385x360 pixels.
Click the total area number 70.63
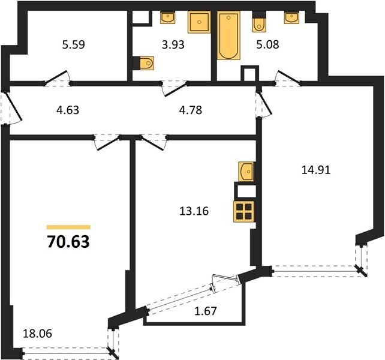pos(68,242)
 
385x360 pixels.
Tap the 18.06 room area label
pos(37,334)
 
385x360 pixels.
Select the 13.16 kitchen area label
pos(194,211)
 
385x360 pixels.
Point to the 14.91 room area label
pos(316,170)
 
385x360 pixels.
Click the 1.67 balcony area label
pos(206,311)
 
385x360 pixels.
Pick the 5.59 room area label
pos(73,45)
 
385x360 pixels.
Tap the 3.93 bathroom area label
pos(173,45)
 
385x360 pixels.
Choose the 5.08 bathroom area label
pos(267,45)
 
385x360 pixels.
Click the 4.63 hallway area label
pos(68,110)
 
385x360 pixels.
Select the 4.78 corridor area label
pos(191,110)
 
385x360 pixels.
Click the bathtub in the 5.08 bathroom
pos(228,35)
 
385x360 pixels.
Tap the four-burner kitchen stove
pos(244,212)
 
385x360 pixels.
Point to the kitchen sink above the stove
pos(246,172)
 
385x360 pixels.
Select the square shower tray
pos(199,22)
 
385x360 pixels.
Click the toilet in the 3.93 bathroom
pos(146,64)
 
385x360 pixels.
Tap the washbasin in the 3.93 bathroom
pos(168,17)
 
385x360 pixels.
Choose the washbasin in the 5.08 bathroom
pos(291,17)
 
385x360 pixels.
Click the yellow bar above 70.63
pos(68,227)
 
